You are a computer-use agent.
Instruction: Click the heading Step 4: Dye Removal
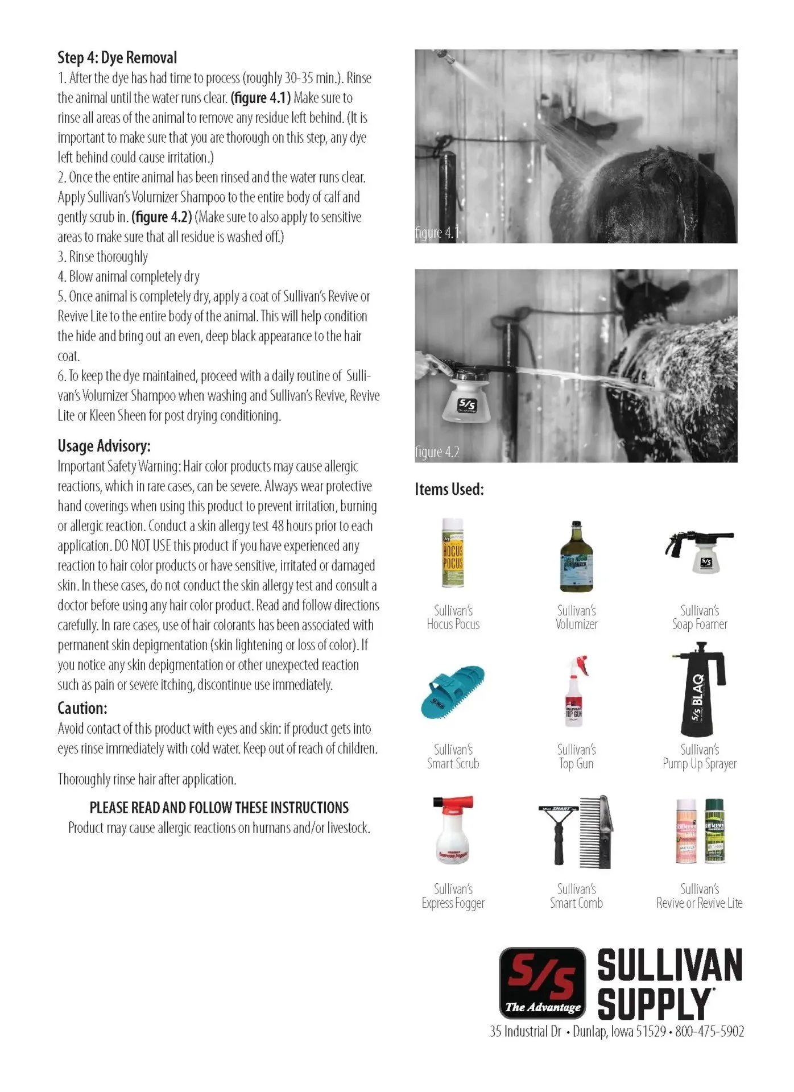click(117, 57)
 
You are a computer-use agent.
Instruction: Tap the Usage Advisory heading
click(104, 445)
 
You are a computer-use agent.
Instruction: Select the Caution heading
click(82, 708)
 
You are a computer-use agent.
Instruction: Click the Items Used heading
click(449, 489)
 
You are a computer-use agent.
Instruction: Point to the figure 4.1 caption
click(437, 233)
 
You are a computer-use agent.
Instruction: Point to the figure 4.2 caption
click(437, 452)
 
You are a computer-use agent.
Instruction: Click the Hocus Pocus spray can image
click(453, 553)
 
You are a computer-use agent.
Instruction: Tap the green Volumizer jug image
click(576, 557)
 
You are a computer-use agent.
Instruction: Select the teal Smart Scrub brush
click(453, 692)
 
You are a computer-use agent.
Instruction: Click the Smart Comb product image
click(576, 832)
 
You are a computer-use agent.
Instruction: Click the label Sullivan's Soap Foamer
click(699, 617)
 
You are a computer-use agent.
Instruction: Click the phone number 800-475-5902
click(709, 1032)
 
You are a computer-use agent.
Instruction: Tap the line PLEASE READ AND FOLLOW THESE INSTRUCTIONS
click(219, 808)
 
